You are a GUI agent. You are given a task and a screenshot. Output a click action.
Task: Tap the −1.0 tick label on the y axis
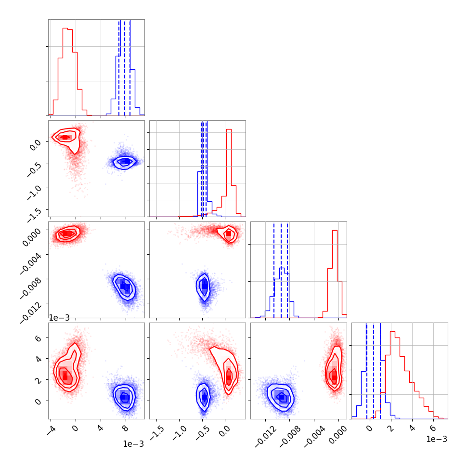[x=34, y=188]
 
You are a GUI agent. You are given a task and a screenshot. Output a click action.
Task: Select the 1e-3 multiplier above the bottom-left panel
[x=59, y=318]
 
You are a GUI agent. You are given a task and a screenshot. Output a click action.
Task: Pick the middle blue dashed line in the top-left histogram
[x=125, y=67]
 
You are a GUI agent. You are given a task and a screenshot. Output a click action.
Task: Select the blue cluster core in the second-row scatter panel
[x=125, y=161]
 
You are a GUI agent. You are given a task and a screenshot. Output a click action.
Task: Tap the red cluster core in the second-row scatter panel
[x=65, y=137]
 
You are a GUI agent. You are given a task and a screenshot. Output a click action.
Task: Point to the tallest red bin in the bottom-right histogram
[x=392, y=331]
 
